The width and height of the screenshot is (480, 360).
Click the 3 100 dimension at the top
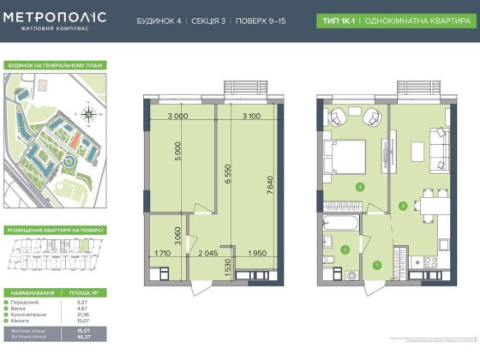251,117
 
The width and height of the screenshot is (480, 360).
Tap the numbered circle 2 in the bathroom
345,249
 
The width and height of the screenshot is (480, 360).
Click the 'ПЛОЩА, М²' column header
84,292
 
